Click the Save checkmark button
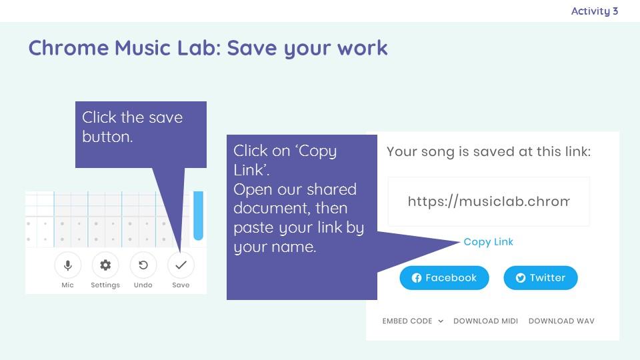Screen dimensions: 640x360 (181, 265)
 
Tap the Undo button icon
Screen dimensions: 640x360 (143, 265)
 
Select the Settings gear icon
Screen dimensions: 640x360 (105, 265)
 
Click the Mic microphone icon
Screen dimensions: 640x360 (68, 265)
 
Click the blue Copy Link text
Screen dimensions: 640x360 (488, 242)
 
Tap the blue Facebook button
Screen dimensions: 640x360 (444, 278)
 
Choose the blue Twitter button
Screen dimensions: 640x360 (541, 278)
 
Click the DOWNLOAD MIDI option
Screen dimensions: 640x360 (485, 321)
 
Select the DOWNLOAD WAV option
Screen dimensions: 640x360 (561, 321)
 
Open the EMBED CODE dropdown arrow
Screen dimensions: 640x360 (441, 321)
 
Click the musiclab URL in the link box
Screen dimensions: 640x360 (489, 201)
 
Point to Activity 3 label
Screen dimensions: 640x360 (594, 11)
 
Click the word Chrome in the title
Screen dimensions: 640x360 (69, 48)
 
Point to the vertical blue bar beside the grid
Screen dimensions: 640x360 (199, 215)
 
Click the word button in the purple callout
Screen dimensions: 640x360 (107, 137)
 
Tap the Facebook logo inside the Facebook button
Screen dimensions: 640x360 (416, 278)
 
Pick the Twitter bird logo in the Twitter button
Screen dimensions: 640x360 (521, 278)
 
